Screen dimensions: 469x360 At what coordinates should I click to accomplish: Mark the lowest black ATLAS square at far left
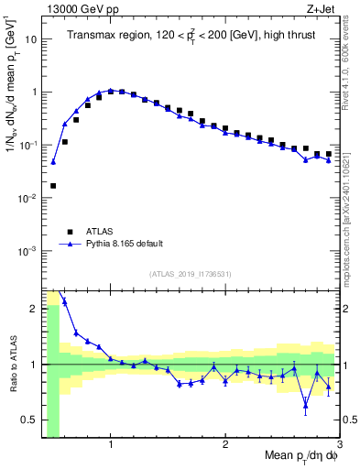point(53,186)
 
